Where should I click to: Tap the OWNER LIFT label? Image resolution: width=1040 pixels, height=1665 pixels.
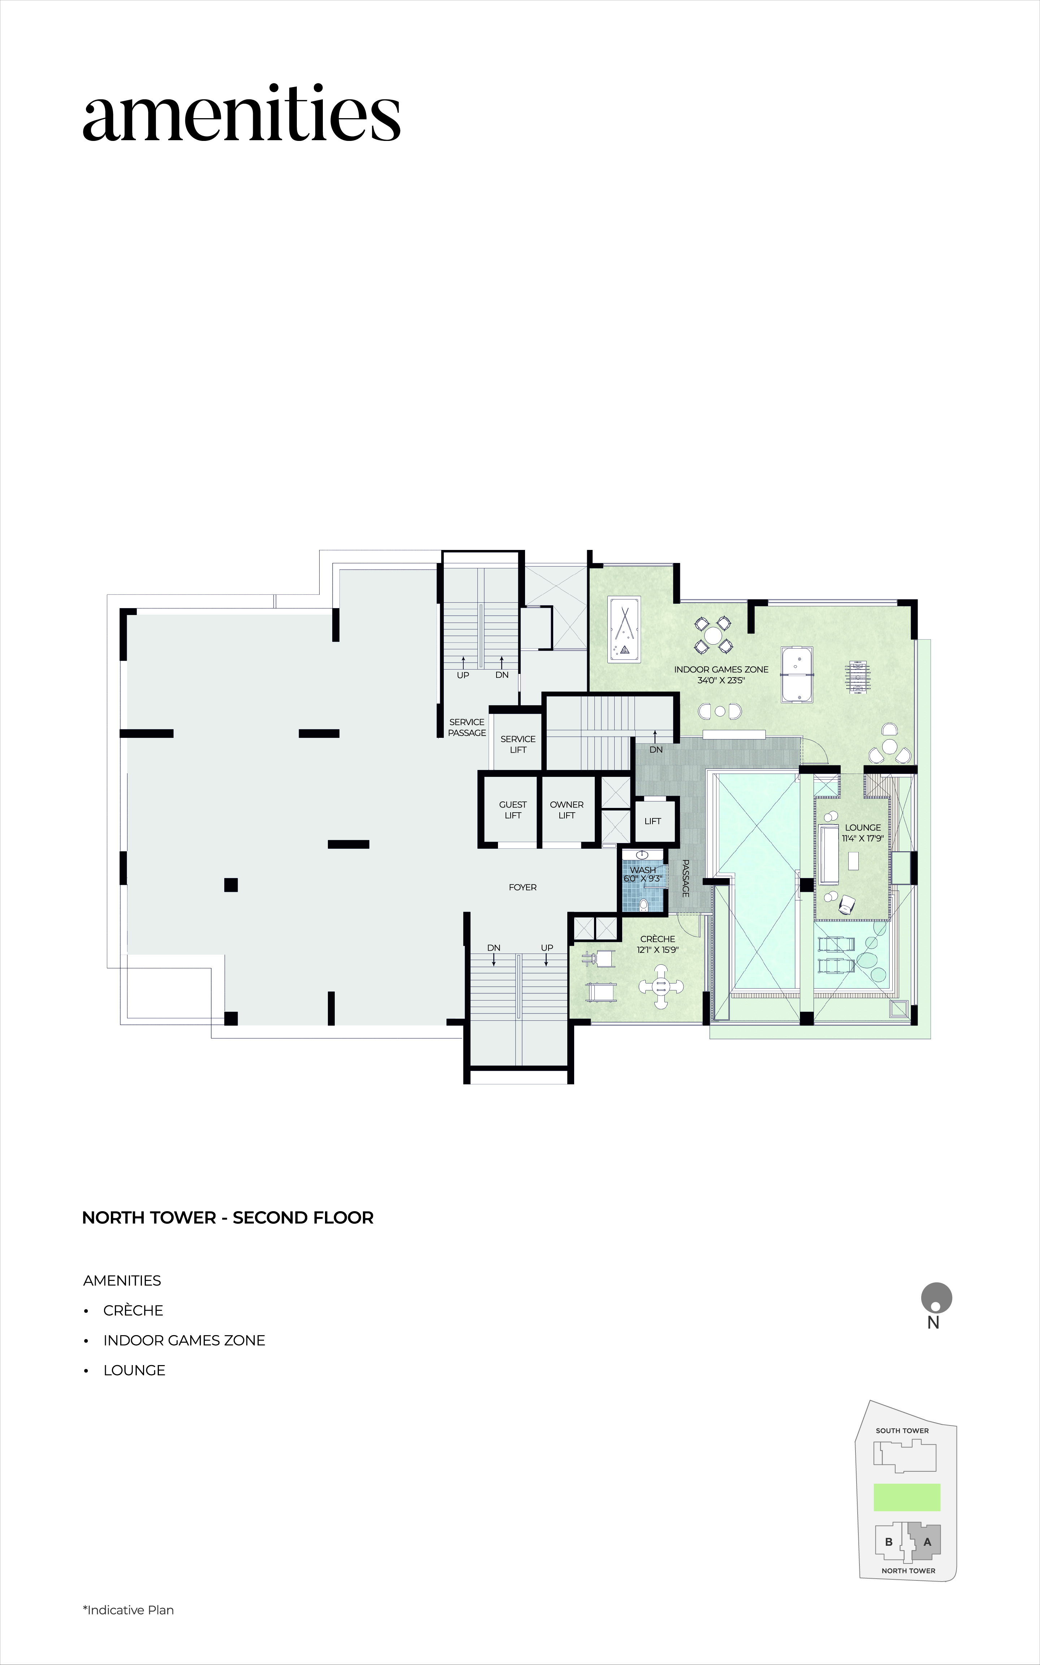[x=567, y=810]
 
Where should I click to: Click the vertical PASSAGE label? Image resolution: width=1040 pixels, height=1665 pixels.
[x=685, y=878]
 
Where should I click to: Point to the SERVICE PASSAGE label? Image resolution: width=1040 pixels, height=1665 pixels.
[x=467, y=727]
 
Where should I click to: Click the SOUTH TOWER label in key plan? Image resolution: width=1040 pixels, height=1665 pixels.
[x=902, y=1430]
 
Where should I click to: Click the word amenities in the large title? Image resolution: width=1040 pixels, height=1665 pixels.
[x=242, y=113]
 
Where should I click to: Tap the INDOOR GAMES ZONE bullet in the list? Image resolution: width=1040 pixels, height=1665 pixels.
[x=184, y=1340]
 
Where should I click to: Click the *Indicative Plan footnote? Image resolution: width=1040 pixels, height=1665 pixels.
[x=129, y=1610]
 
